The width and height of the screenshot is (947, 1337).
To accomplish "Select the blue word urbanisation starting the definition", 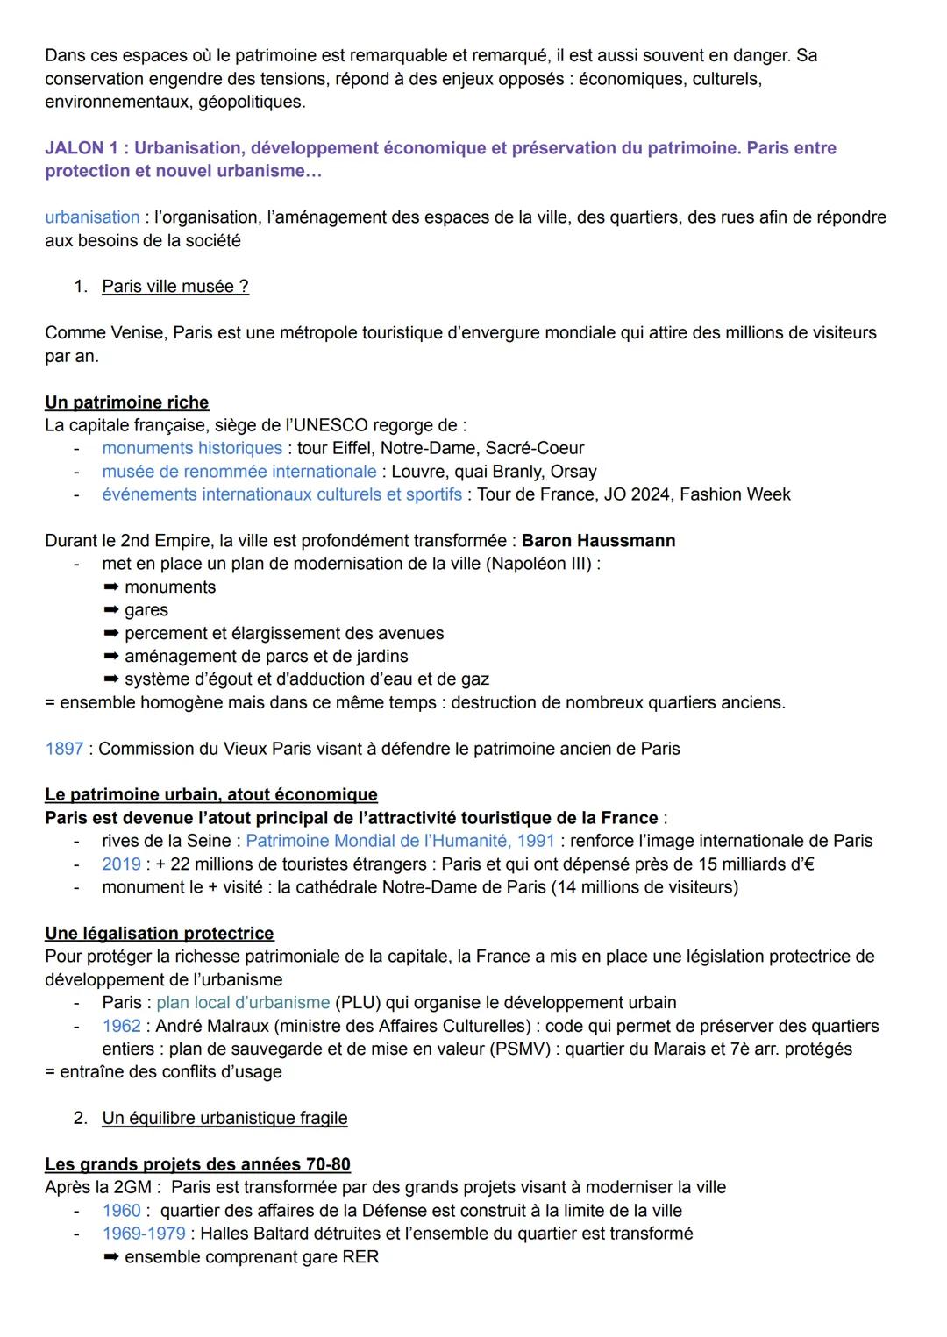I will coord(92,217).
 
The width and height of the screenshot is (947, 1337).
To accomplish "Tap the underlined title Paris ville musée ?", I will coord(175,287).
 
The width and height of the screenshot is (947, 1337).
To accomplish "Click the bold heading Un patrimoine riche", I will coord(127,402).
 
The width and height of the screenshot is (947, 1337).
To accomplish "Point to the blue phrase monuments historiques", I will coord(192,449).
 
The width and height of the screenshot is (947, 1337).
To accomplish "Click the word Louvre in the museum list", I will coord(419,472).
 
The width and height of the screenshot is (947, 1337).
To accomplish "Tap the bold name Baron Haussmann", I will coord(598,541).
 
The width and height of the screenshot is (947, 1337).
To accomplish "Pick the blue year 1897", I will coord(64,749).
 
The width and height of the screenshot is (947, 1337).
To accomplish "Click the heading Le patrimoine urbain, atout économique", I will coord(211,795).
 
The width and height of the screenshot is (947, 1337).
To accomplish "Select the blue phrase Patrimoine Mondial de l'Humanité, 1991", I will coord(400,841).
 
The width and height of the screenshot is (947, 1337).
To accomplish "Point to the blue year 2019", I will coord(121,864).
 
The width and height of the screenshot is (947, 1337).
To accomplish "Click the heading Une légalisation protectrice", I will coord(160,934).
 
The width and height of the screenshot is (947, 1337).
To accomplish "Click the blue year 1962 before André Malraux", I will coord(121,1026).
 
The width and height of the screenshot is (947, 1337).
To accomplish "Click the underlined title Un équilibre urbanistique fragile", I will coord(224,1119).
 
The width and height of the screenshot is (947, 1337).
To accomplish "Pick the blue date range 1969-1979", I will coord(144,1234).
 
